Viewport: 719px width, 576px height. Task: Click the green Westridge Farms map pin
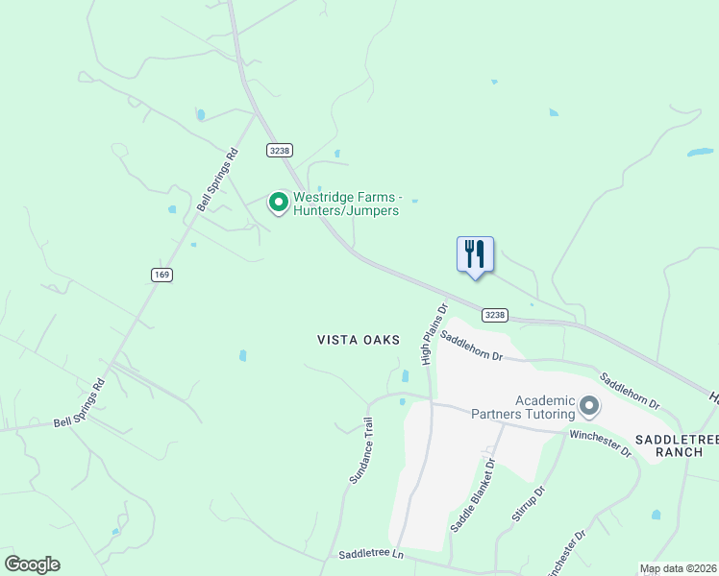point(279,203)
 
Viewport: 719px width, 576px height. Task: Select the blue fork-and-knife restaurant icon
point(475,254)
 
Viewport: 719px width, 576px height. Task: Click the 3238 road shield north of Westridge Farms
point(280,150)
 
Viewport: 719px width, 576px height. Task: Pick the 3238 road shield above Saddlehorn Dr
point(494,315)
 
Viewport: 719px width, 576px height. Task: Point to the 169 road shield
point(161,275)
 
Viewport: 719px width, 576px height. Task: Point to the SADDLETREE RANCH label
point(677,445)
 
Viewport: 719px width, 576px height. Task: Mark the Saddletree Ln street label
point(370,556)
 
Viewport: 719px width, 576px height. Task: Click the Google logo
point(32,564)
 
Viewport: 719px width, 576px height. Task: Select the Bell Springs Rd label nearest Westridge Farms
point(217,180)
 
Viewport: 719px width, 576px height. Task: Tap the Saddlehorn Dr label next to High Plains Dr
point(471,345)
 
